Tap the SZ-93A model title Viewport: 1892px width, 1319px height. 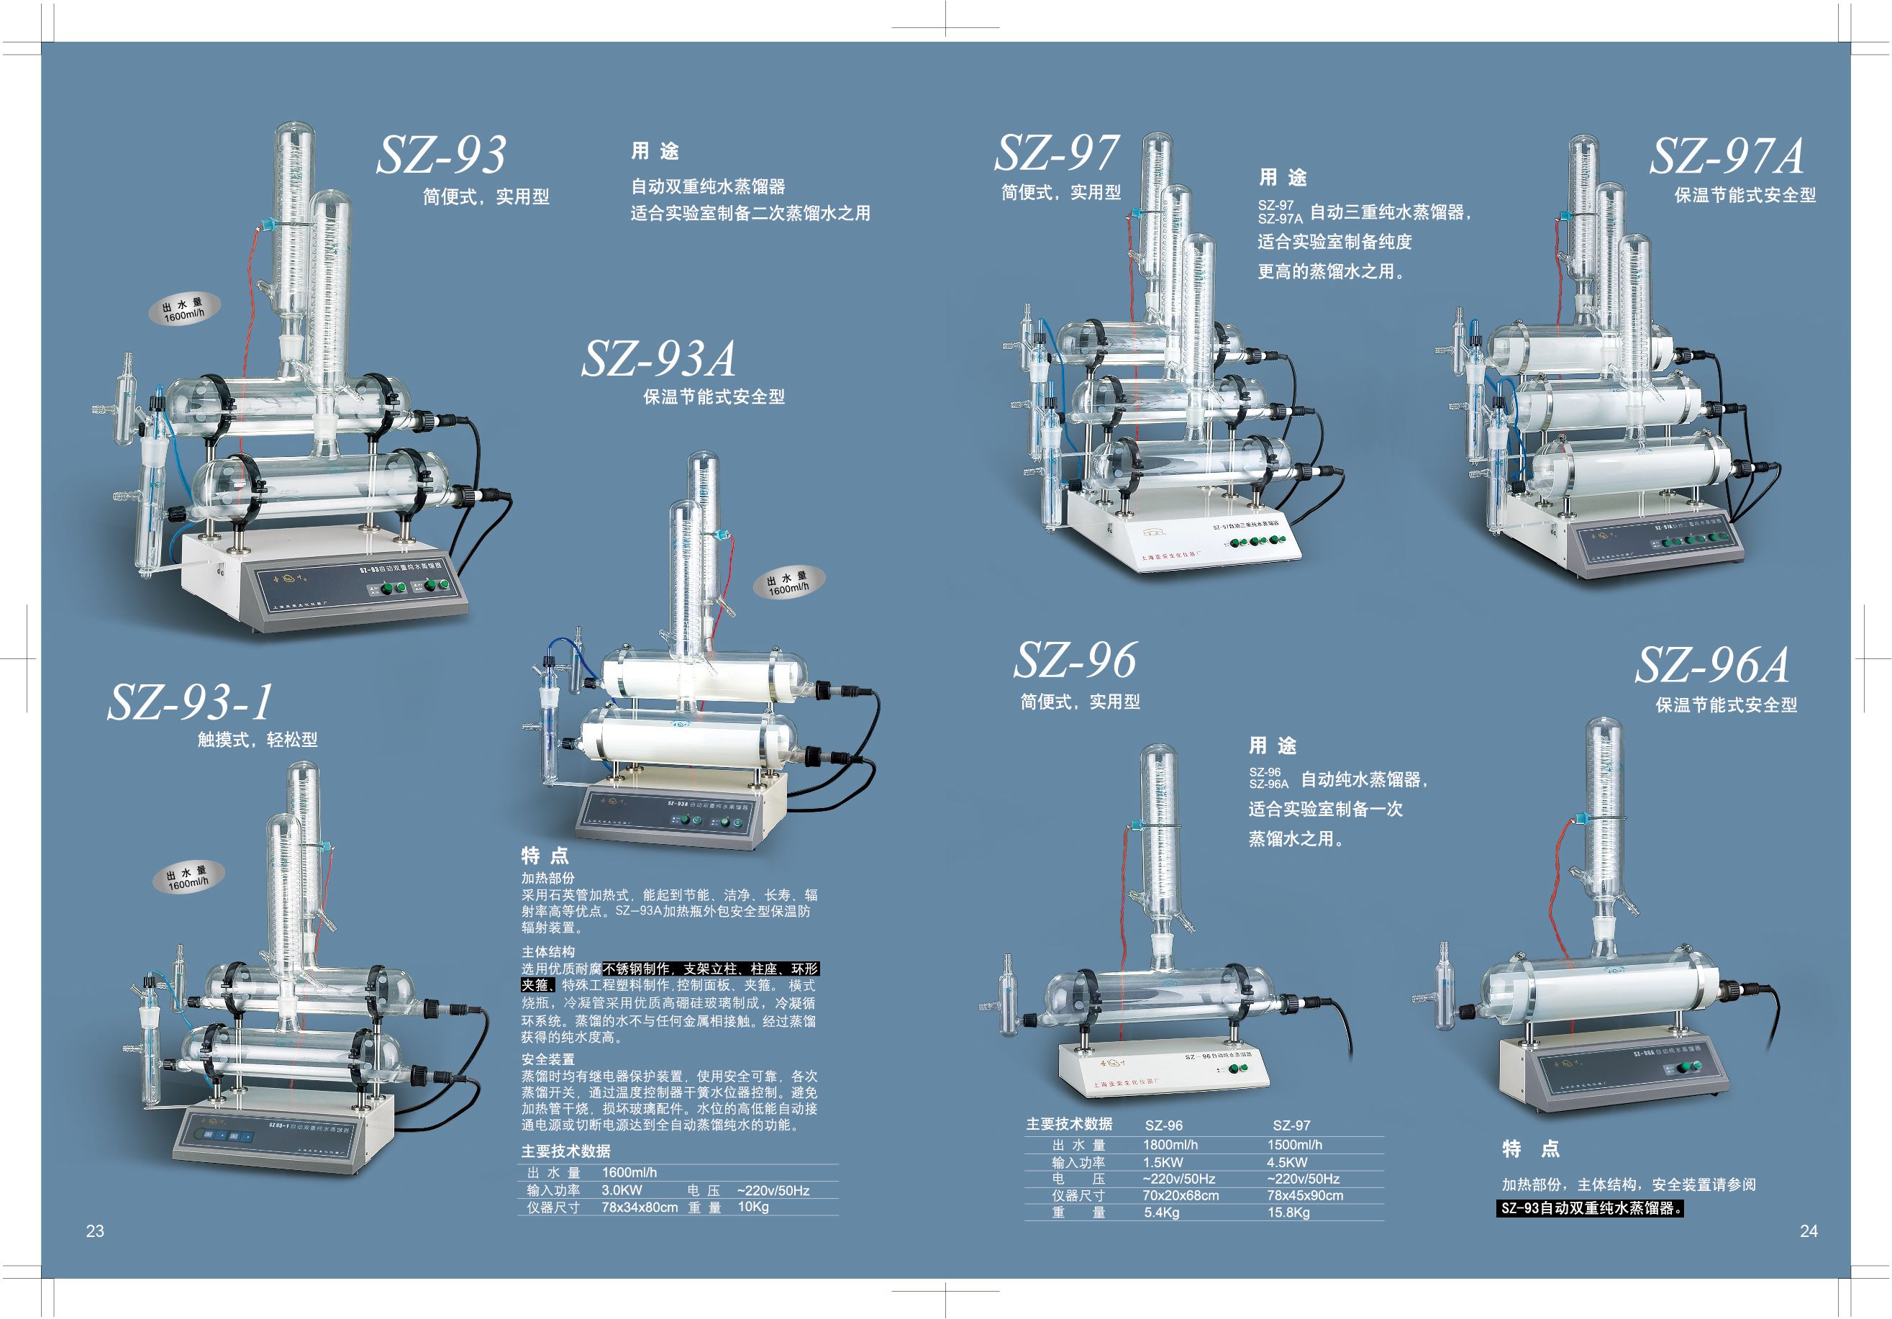coord(658,358)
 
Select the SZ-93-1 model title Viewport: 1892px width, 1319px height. coord(191,702)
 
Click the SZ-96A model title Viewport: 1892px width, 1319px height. coord(1712,666)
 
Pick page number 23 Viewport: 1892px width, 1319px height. coord(95,1230)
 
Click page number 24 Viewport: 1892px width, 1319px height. coord(1809,1230)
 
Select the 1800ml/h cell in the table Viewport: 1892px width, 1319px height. coord(1170,1145)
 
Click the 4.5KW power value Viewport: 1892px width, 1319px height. coord(1287,1162)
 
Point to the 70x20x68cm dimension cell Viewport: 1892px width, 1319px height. coord(1180,1195)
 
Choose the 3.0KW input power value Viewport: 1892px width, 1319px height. coord(622,1190)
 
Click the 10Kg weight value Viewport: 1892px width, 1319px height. coord(753,1207)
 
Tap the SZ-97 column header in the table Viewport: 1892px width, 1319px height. coord(1291,1125)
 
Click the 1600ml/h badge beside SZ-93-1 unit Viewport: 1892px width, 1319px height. coord(188,878)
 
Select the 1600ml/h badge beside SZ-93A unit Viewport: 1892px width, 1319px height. coord(788,584)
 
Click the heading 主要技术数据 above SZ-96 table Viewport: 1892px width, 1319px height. coord(1069,1125)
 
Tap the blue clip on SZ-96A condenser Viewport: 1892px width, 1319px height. coord(1581,820)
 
